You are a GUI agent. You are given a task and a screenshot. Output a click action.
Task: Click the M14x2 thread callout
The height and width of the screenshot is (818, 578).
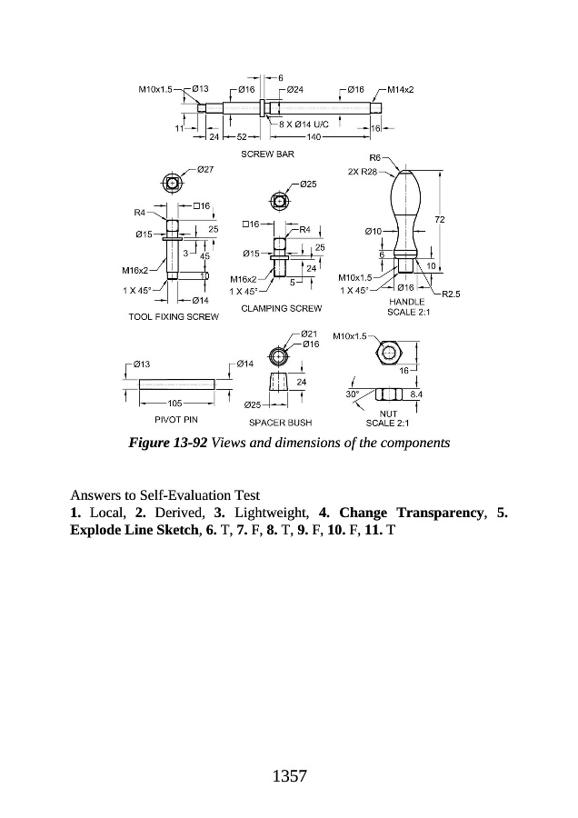(401, 90)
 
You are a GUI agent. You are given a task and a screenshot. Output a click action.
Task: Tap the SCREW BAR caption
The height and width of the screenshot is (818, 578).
(267, 155)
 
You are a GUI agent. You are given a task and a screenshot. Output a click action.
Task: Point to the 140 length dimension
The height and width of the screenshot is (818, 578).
(314, 136)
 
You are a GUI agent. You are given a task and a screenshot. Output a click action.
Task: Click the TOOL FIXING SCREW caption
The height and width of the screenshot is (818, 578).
(174, 317)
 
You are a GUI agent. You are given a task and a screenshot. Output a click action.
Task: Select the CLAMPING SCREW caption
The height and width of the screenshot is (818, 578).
(281, 308)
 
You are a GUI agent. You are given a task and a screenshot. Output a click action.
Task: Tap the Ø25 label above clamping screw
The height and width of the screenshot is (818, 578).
(308, 185)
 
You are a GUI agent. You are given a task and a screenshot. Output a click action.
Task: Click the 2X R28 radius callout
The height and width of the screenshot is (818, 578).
(363, 171)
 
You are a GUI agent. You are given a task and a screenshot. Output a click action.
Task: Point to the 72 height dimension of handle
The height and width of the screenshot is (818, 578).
(440, 220)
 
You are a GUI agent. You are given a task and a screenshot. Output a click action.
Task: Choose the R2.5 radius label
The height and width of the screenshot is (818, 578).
(452, 294)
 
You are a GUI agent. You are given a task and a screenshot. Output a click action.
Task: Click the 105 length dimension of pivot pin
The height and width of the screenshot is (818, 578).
(176, 402)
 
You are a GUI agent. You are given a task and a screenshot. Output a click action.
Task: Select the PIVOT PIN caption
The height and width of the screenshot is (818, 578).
(176, 420)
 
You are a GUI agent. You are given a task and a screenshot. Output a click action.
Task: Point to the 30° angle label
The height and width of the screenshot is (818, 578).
(354, 394)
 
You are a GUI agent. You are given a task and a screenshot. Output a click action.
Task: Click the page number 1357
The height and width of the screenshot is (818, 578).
(288, 776)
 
